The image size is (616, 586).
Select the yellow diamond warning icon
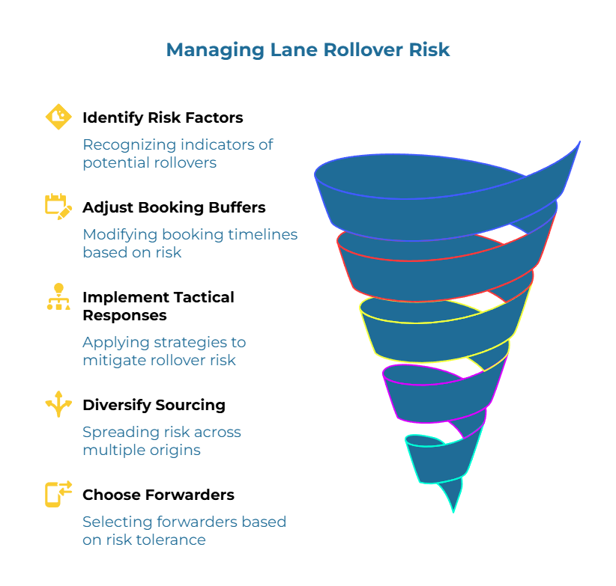(x=58, y=116)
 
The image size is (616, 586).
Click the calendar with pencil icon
(x=58, y=205)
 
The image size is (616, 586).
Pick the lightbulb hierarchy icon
(x=58, y=296)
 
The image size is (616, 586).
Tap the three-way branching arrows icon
(x=58, y=404)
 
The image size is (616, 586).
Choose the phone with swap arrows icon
(x=58, y=494)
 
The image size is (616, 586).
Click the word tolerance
(x=171, y=540)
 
